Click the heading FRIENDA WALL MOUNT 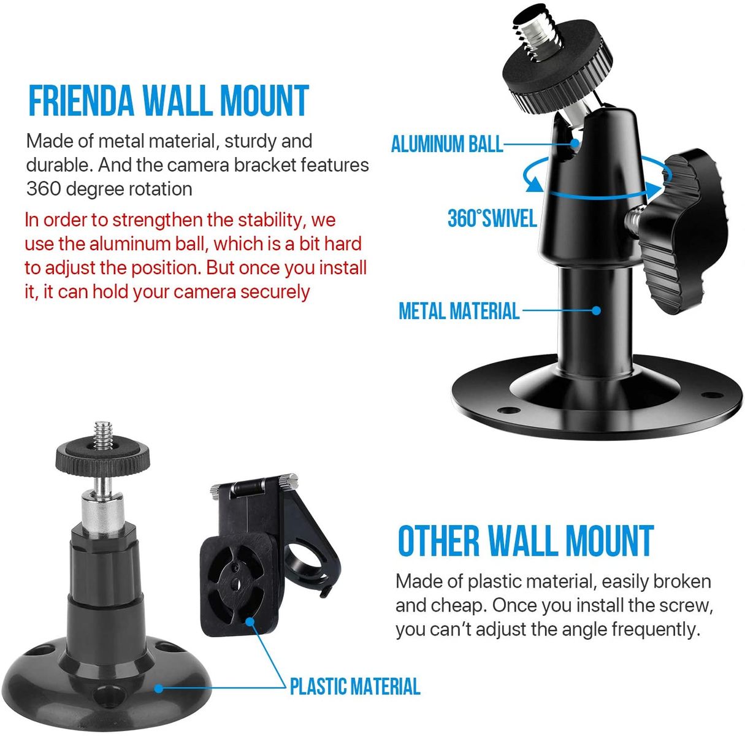pos(168,101)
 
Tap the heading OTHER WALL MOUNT pos(525,541)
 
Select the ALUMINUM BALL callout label pos(446,144)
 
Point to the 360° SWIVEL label pos(492,218)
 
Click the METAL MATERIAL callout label pos(459,311)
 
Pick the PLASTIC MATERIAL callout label pos(355,686)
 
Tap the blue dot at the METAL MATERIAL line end pos(596,310)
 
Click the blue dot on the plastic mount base pos(158,688)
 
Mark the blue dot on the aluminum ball pos(575,144)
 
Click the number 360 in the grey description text pos(43,188)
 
